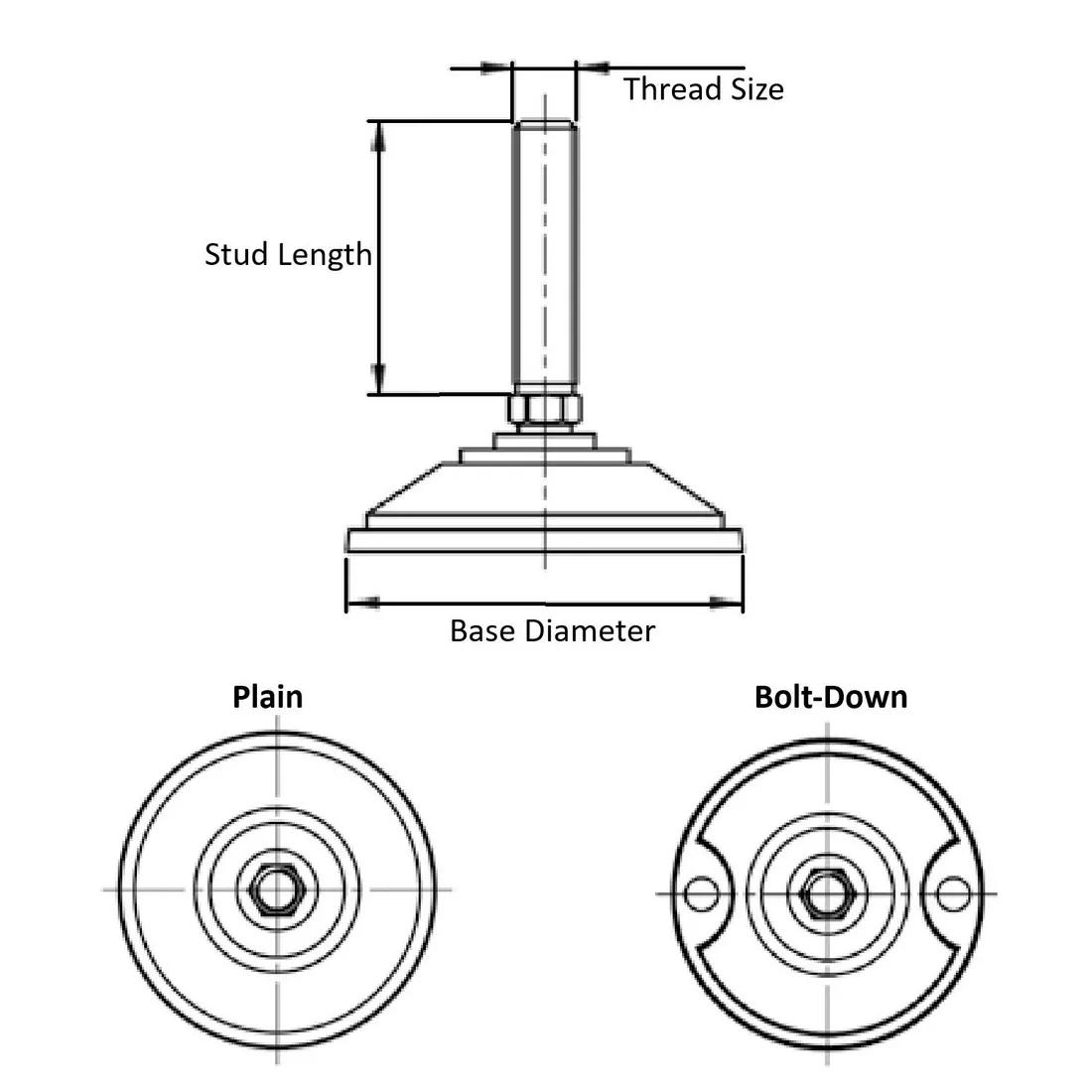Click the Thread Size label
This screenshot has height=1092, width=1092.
pyautogui.click(x=703, y=89)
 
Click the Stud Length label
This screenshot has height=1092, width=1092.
pyautogui.click(x=288, y=254)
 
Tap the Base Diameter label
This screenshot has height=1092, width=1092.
pyautogui.click(x=552, y=630)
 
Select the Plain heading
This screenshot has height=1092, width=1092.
pyautogui.click(x=267, y=696)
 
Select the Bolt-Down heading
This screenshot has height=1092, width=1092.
pyautogui.click(x=831, y=696)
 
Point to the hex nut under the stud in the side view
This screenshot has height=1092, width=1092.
pyautogui.click(x=542, y=409)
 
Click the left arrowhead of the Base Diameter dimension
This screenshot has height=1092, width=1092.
pyautogui.click(x=361, y=601)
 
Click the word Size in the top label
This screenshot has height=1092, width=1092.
pyautogui.click(x=756, y=89)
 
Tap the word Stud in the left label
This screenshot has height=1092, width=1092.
pyautogui.click(x=237, y=254)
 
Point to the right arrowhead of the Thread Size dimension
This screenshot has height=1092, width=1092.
pyautogui.click(x=592, y=68)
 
